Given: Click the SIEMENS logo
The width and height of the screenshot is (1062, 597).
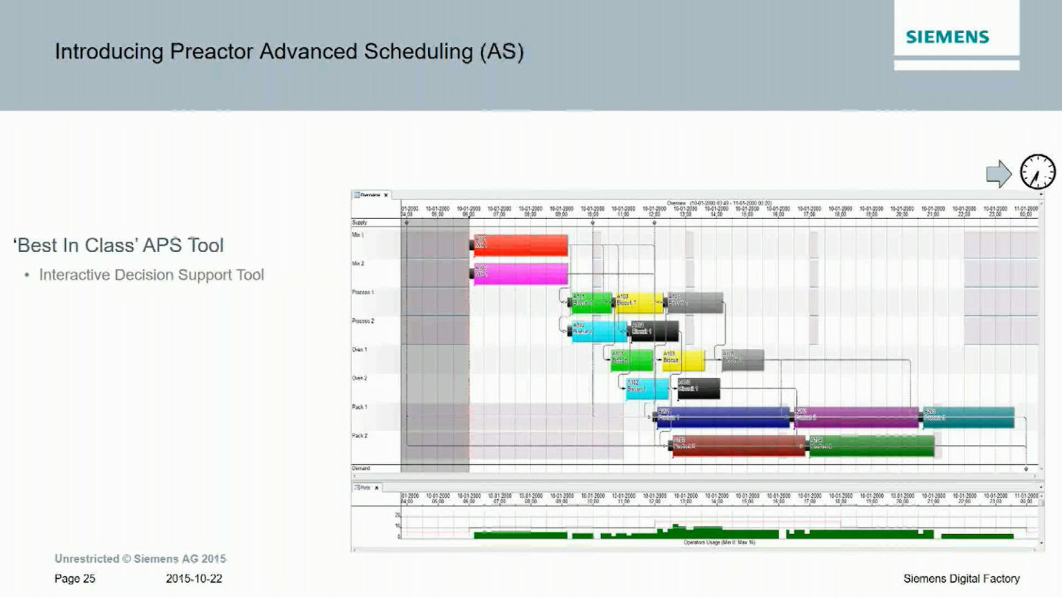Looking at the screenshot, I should tap(947, 37).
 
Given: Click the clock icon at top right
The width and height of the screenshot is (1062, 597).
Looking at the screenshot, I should tap(1038, 171).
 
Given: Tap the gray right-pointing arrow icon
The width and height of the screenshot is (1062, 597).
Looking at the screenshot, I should tap(998, 173).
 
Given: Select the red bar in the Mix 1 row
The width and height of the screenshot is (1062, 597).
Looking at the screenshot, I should tap(520, 245).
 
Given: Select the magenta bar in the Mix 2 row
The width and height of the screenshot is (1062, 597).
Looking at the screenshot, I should tap(520, 274).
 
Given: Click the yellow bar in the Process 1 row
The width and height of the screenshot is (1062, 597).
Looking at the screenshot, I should tap(639, 303).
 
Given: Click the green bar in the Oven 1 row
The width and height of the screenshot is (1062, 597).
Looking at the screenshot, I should tap(631, 360).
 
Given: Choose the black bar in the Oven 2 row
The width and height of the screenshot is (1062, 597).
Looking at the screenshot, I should tap(698, 388).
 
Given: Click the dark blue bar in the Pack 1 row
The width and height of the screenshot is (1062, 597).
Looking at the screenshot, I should tap(723, 417).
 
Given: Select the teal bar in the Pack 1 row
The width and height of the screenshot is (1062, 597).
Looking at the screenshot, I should tap(968, 417).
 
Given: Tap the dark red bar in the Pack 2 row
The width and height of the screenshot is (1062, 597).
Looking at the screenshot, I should tap(738, 446).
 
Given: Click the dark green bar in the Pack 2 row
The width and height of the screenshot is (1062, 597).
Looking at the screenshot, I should tap(871, 446).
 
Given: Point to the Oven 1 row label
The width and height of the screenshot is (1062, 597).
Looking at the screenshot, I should tap(360, 350).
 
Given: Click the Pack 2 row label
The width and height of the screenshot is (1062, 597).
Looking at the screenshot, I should tap(360, 436).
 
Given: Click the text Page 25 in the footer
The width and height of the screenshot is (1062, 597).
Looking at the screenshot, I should tap(75, 578).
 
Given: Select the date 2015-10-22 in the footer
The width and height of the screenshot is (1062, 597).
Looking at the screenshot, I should tap(194, 578).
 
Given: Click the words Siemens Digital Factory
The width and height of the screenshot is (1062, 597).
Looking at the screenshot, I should tap(961, 578).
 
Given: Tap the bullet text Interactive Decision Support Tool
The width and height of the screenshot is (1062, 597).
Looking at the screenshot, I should tap(151, 275).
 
